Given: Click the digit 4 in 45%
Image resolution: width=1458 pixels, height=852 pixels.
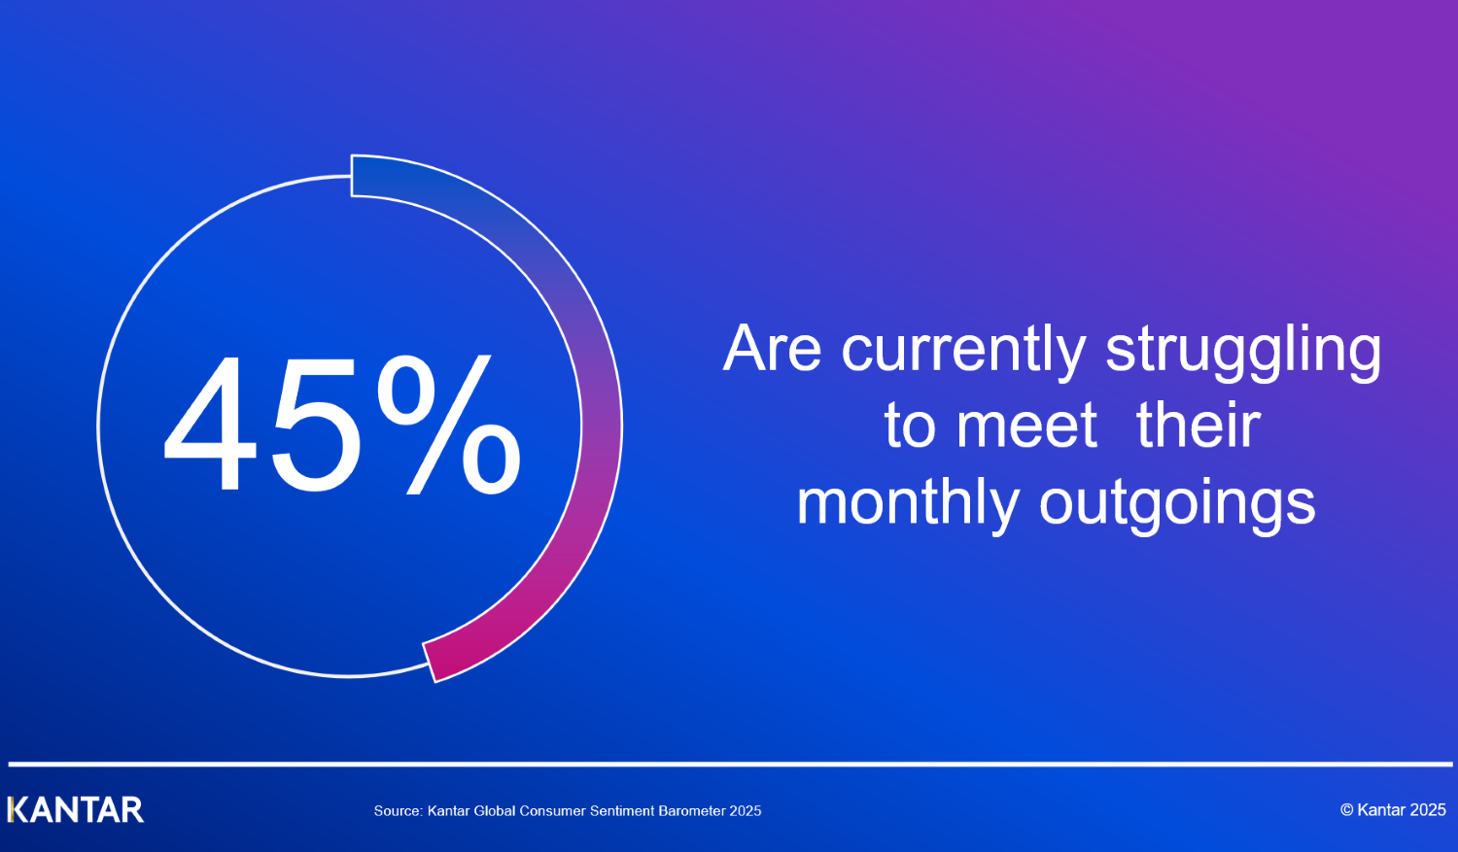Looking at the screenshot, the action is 210,423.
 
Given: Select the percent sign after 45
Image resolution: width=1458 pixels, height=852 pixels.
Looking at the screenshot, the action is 449,424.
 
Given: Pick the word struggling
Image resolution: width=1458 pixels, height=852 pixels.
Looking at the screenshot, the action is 1243,352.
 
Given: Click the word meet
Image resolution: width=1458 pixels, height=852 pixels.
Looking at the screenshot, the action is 1027,426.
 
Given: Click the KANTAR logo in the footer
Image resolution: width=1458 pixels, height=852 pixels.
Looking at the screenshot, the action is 76,809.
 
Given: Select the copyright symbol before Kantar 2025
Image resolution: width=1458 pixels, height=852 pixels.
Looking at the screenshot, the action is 1346,809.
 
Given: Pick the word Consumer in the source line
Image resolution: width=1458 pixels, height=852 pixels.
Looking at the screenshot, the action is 553,811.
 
